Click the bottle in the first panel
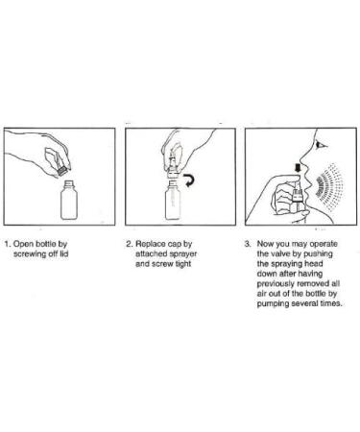coord(69,200)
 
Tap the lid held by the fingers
coord(61,170)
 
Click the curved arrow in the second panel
coord(189,180)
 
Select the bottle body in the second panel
coord(173,201)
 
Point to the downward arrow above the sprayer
coord(298,168)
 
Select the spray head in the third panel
coord(298,195)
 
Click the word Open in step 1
coord(23,244)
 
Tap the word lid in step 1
coord(64,254)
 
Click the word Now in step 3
coord(265,244)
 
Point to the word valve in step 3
coord(279,254)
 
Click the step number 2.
coord(129,244)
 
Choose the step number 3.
coord(248,244)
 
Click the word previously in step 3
coord(276,284)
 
